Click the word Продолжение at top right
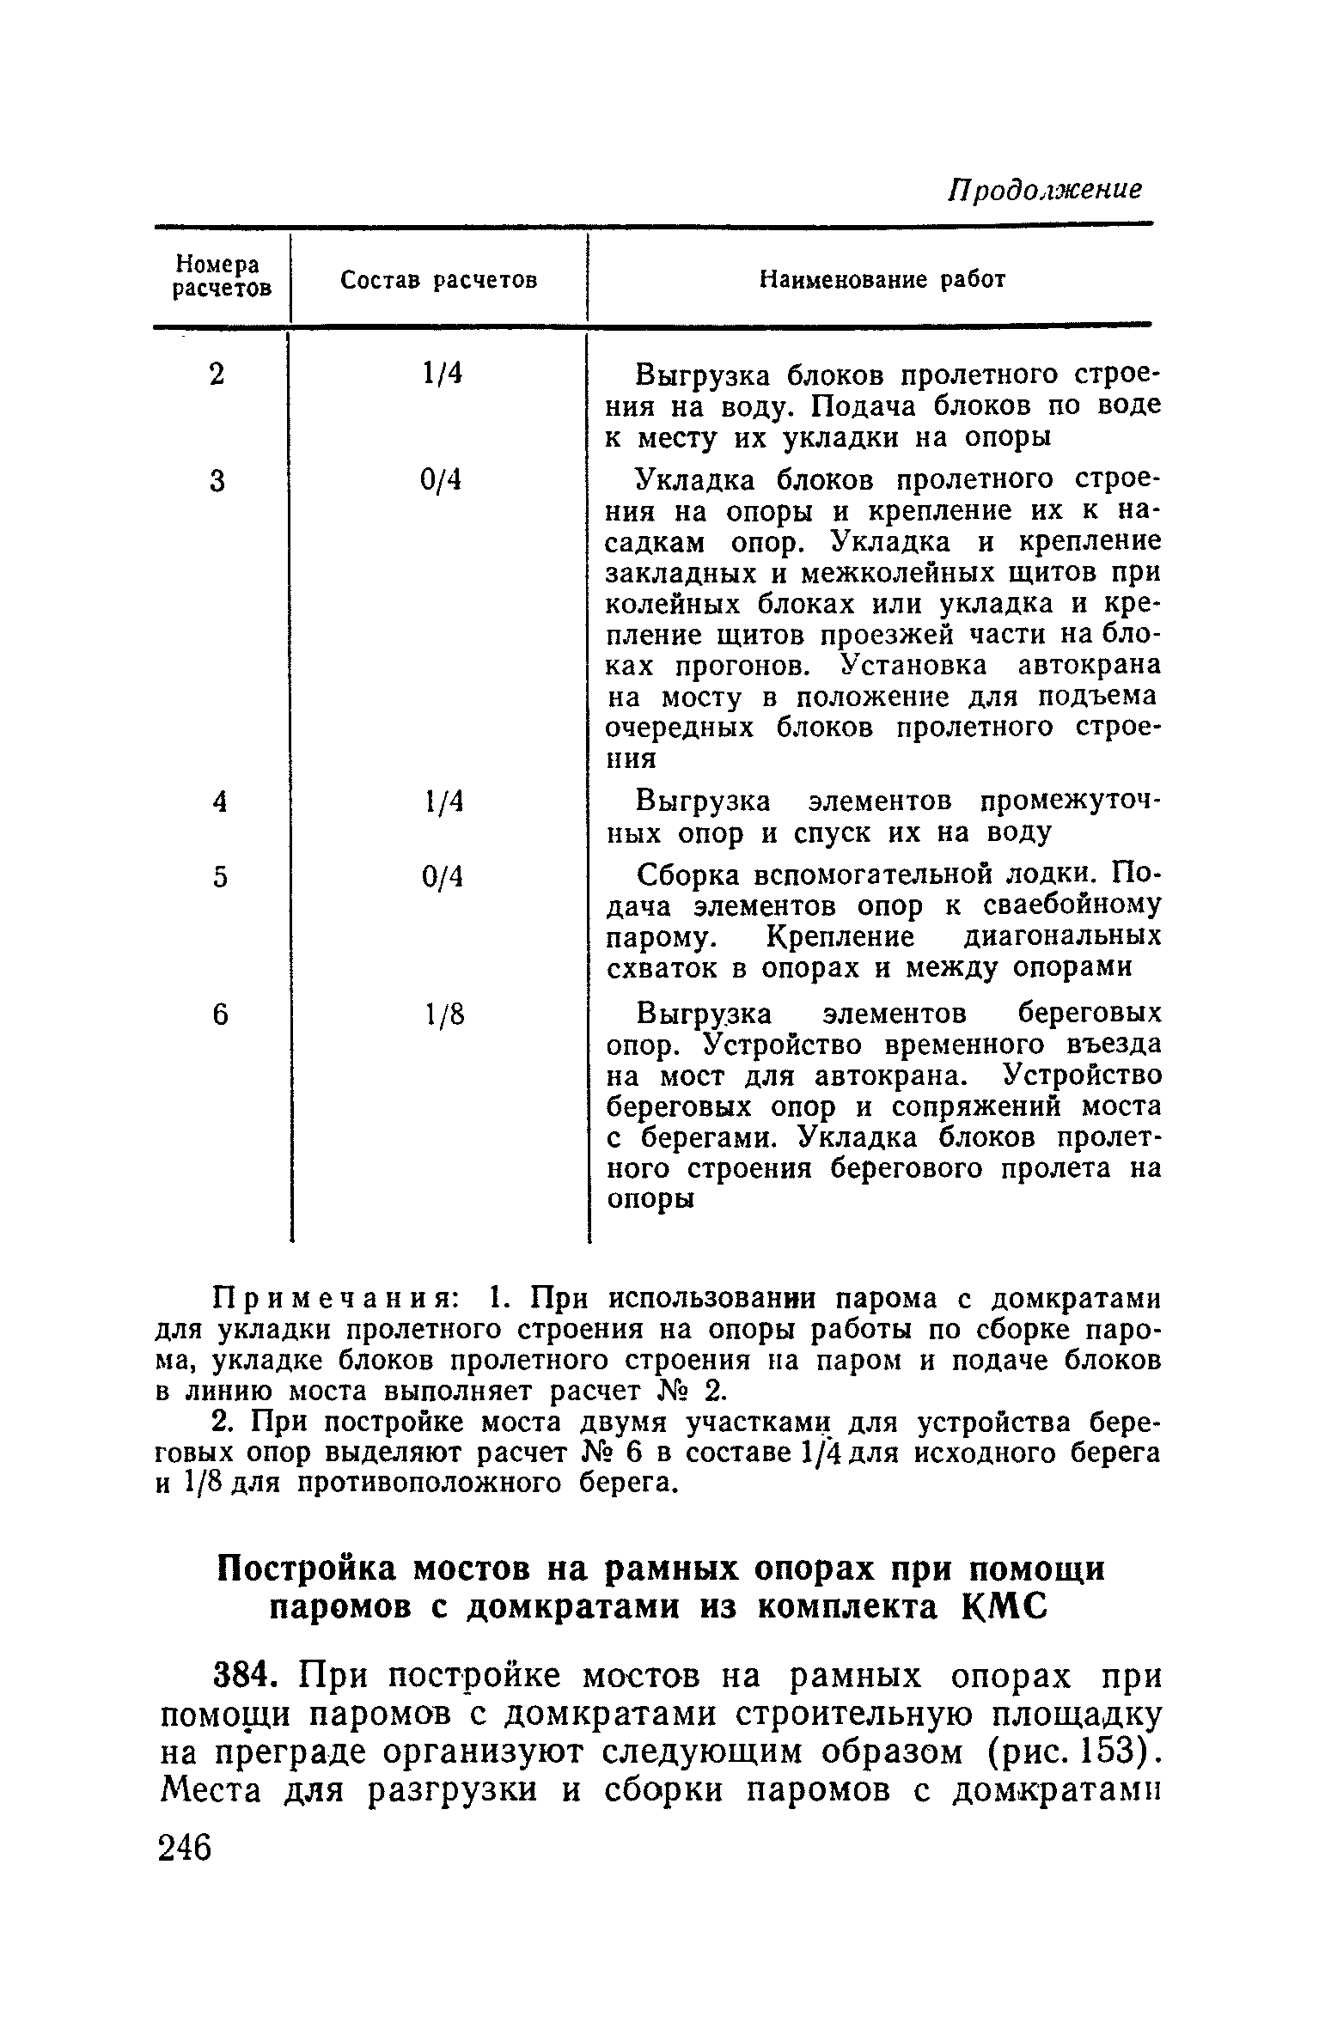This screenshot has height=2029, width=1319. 1044,190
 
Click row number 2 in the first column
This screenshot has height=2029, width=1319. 218,375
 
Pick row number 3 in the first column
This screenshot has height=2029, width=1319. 218,482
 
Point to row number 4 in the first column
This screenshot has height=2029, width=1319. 220,801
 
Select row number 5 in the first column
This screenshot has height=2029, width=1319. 221,877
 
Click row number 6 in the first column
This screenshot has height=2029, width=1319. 221,1015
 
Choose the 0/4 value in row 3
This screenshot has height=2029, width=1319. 442,482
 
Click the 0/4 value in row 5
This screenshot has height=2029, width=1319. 442,877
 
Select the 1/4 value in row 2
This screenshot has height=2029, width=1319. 442,375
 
